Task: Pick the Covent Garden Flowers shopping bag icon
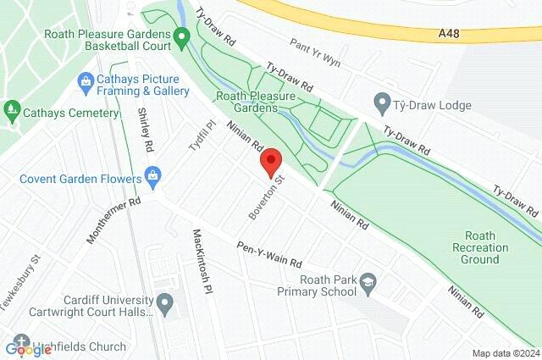click(x=153, y=178)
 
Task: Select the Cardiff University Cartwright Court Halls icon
click(x=164, y=302)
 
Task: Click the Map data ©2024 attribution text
click(x=505, y=353)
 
